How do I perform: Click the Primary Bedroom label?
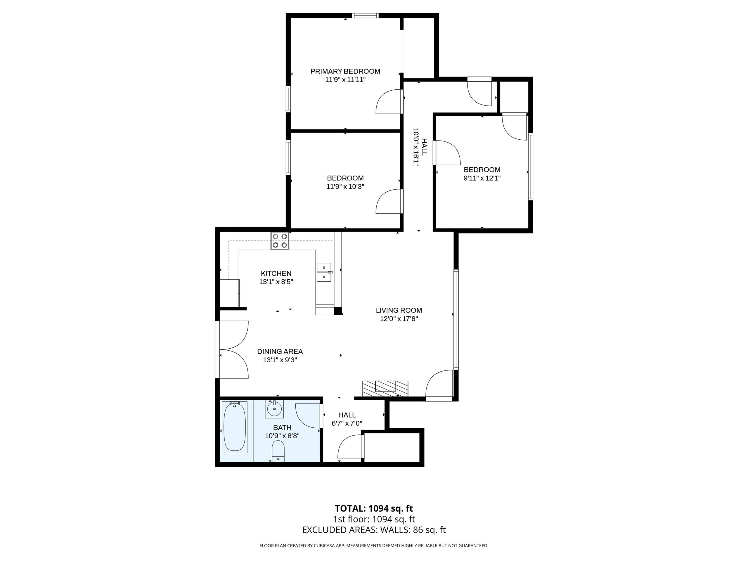[x=345, y=71]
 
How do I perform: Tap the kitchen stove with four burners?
[x=280, y=241]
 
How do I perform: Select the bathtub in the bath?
[x=234, y=427]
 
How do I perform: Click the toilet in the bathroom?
[x=278, y=451]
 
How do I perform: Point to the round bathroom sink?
[x=274, y=409]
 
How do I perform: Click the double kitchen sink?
[x=324, y=273]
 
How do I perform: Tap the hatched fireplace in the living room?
[x=385, y=389]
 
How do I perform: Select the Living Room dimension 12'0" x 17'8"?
[x=399, y=318]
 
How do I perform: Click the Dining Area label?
[x=280, y=351]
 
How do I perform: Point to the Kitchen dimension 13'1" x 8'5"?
[x=276, y=282]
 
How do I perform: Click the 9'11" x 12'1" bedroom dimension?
[x=482, y=178]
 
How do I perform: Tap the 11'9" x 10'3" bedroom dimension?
[x=345, y=186]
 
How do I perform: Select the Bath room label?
[x=282, y=427]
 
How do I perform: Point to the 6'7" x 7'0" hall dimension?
[x=347, y=423]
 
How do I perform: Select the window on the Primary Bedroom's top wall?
[x=365, y=15]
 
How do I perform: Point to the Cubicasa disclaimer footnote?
[x=374, y=546]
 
